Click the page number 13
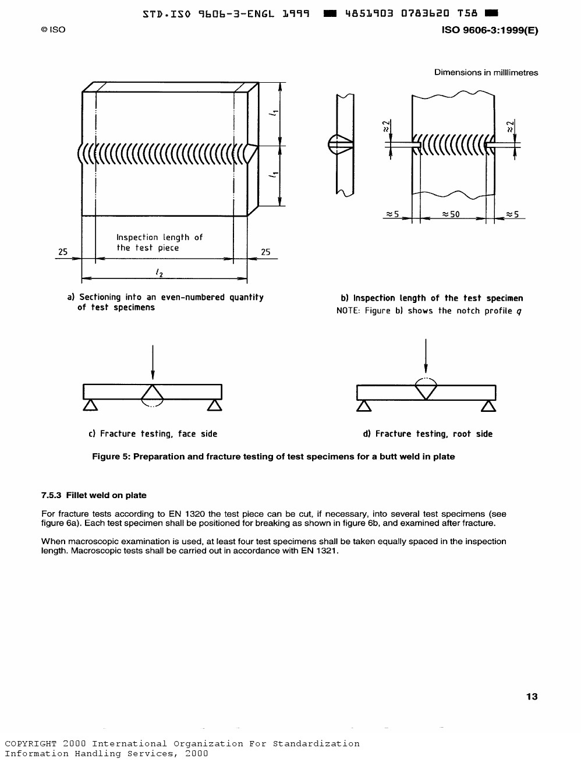point(532,697)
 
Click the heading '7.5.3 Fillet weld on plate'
point(94,495)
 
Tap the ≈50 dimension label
point(451,214)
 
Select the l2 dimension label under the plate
point(160,272)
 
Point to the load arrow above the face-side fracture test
point(153,362)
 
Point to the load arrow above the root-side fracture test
point(426,356)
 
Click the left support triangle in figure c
point(90,405)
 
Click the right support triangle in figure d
point(488,406)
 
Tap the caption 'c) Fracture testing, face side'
point(153,433)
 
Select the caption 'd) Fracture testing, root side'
point(428,433)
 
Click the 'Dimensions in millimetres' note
point(486,72)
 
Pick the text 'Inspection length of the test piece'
point(160,242)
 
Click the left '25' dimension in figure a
point(63,252)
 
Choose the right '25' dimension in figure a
point(265,252)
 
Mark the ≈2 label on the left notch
point(386,126)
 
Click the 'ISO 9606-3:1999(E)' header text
point(490,30)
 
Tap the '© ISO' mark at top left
point(53,30)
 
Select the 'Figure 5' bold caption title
point(274,457)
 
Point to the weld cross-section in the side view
point(340,144)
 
